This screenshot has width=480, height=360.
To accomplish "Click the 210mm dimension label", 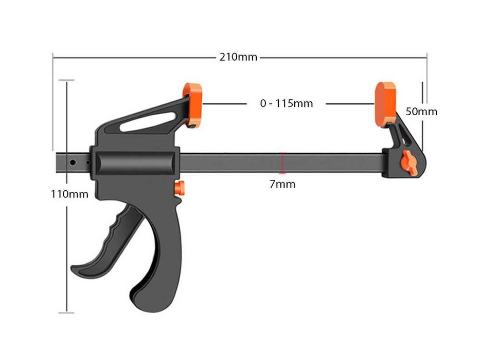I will (238, 57).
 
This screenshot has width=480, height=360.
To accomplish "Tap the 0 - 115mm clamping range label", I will (286, 103).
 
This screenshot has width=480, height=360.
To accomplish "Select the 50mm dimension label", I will (421, 111).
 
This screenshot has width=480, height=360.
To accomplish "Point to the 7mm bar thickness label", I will (282, 184).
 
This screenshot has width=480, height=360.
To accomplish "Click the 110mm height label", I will (69, 194).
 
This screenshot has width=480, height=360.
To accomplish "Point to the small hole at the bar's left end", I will (73, 163).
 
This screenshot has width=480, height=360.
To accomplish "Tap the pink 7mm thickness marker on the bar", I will (282, 163).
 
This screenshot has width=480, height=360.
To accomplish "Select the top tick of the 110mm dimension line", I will (66, 80).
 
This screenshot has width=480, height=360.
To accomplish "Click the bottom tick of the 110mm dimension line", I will (66, 312).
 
